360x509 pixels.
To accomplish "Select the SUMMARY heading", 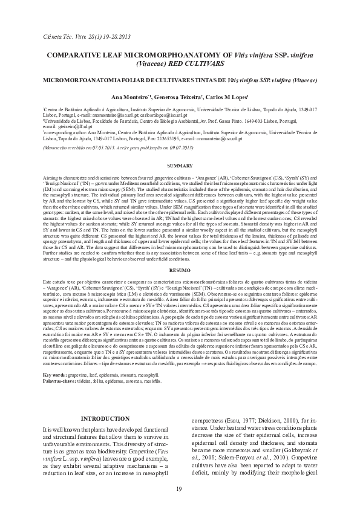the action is [180, 165].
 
